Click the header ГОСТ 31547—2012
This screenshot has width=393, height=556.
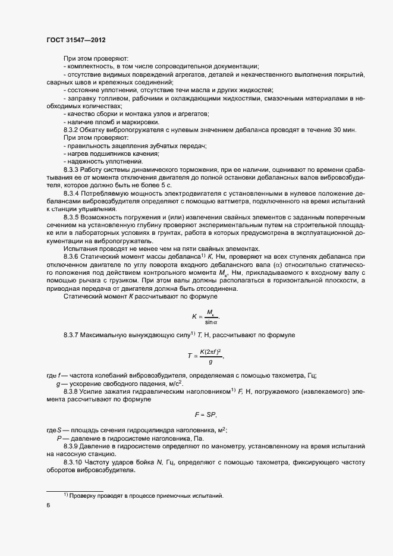(77, 40)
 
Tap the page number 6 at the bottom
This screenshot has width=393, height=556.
(48, 505)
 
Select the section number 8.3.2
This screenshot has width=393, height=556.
(73, 130)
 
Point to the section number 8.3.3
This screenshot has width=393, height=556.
(73, 169)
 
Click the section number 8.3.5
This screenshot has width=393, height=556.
(73, 218)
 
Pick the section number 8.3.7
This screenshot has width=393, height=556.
(73, 335)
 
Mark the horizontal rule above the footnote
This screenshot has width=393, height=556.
(75, 490)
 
